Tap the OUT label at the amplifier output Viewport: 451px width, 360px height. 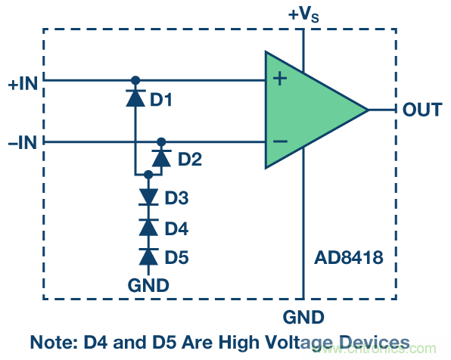tap(421, 110)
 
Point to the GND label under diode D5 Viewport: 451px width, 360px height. tap(148, 285)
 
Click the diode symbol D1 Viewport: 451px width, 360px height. tap(135, 98)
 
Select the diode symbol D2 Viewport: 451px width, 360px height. tap(160, 158)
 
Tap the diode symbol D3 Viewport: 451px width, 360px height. tap(148, 197)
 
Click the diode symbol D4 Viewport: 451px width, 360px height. tap(148, 227)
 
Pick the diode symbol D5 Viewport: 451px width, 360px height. tap(148, 256)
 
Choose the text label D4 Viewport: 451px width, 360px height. tap(177, 228)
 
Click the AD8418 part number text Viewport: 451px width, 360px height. tap(349, 258)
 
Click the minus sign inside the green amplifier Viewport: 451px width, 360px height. tap(279, 141)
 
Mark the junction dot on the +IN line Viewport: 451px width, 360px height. tap(135, 79)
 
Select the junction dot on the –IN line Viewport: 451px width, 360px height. tap(160, 141)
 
